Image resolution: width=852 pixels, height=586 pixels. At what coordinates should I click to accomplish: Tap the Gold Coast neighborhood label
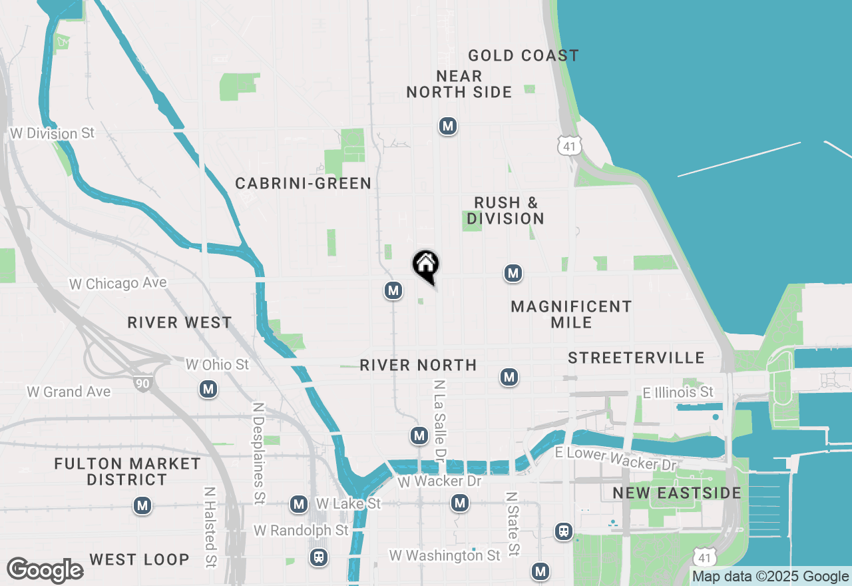pos(523,55)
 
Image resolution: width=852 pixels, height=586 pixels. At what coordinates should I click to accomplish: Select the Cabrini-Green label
pos(304,183)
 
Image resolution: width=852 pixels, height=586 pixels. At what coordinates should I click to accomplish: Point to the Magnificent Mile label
pos(571,314)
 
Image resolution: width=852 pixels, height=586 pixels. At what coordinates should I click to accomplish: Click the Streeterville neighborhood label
pos(636,358)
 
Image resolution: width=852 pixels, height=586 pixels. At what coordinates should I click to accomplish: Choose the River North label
pos(418,365)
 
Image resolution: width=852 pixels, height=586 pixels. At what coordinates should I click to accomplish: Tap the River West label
pos(180,323)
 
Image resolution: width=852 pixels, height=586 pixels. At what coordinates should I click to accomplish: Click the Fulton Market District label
pos(128,471)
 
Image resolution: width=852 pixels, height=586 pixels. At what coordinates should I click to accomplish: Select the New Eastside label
pos(677,493)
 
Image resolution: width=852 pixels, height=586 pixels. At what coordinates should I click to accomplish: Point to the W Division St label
pos(53,133)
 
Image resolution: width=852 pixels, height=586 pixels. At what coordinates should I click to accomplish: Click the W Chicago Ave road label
pos(118,284)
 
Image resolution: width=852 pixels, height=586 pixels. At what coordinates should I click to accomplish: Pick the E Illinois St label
pos(678,392)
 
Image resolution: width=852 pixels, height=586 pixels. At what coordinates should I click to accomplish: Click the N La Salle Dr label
pos(439,419)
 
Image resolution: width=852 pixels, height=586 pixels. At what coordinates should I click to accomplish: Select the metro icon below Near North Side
pos(448,126)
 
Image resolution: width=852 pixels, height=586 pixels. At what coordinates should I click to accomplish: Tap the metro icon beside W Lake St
pos(299,504)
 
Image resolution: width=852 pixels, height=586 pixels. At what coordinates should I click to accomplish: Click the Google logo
pos(45,570)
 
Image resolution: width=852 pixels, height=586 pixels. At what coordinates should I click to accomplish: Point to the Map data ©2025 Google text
pos(770,577)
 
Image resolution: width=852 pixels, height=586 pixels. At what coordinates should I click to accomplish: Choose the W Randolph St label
pos(301,531)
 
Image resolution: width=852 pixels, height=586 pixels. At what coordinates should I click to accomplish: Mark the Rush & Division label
pos(505,210)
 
